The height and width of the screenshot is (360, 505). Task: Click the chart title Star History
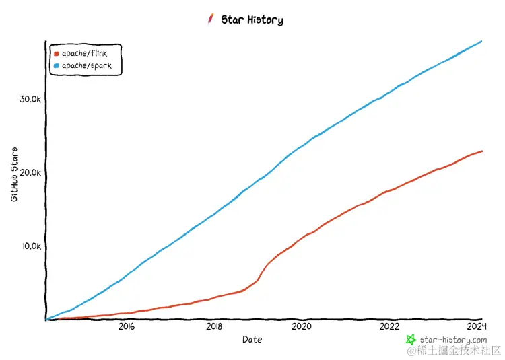(252, 20)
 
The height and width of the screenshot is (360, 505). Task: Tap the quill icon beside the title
(211, 19)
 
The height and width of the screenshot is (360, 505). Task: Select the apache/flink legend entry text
(84, 52)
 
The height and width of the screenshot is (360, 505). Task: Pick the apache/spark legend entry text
(86, 66)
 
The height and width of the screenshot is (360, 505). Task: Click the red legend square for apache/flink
(56, 52)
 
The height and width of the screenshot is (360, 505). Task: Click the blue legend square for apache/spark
(56, 66)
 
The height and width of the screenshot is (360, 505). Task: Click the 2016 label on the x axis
(127, 327)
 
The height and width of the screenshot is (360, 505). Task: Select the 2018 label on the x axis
(214, 327)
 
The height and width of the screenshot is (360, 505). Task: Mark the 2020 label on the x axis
(302, 327)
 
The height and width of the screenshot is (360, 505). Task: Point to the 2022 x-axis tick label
(389, 327)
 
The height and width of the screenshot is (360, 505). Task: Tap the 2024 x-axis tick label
(477, 327)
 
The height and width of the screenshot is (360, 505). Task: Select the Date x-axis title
(252, 340)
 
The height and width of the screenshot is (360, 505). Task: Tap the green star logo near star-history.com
(410, 340)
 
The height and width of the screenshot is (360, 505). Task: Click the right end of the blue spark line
(481, 42)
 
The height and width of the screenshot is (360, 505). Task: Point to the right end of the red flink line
(481, 151)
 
